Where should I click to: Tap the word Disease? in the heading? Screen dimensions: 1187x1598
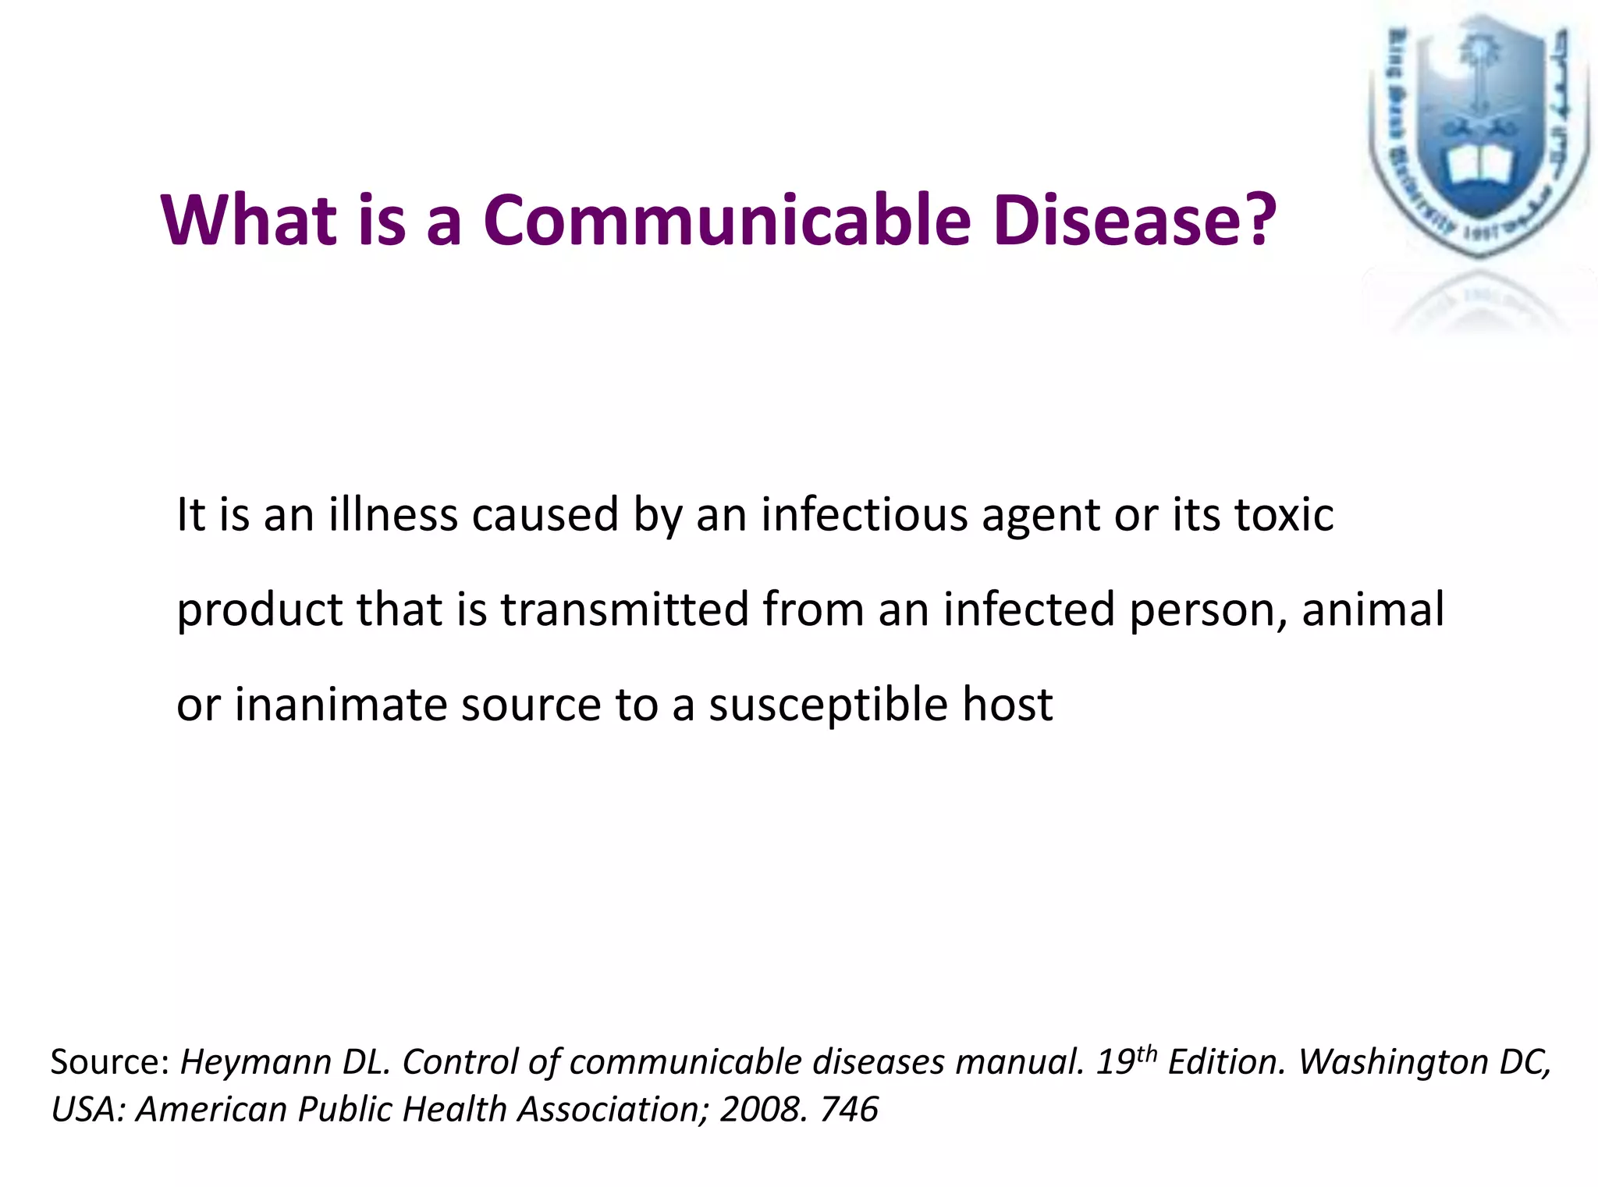[1135, 220]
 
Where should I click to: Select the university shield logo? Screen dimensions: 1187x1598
[1478, 137]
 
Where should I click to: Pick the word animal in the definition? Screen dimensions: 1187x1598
[1373, 609]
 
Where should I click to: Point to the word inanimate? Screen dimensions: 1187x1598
[341, 705]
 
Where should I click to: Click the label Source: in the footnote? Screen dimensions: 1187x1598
[110, 1063]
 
